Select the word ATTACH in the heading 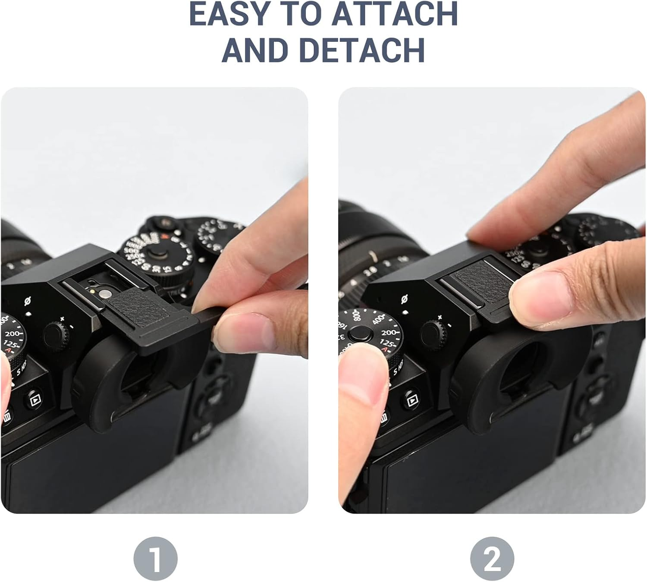coord(394,14)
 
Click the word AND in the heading coord(255,50)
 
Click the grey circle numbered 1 coord(155,558)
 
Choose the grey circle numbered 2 coord(492,558)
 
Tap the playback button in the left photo coord(34,399)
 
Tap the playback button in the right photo coord(413,400)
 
